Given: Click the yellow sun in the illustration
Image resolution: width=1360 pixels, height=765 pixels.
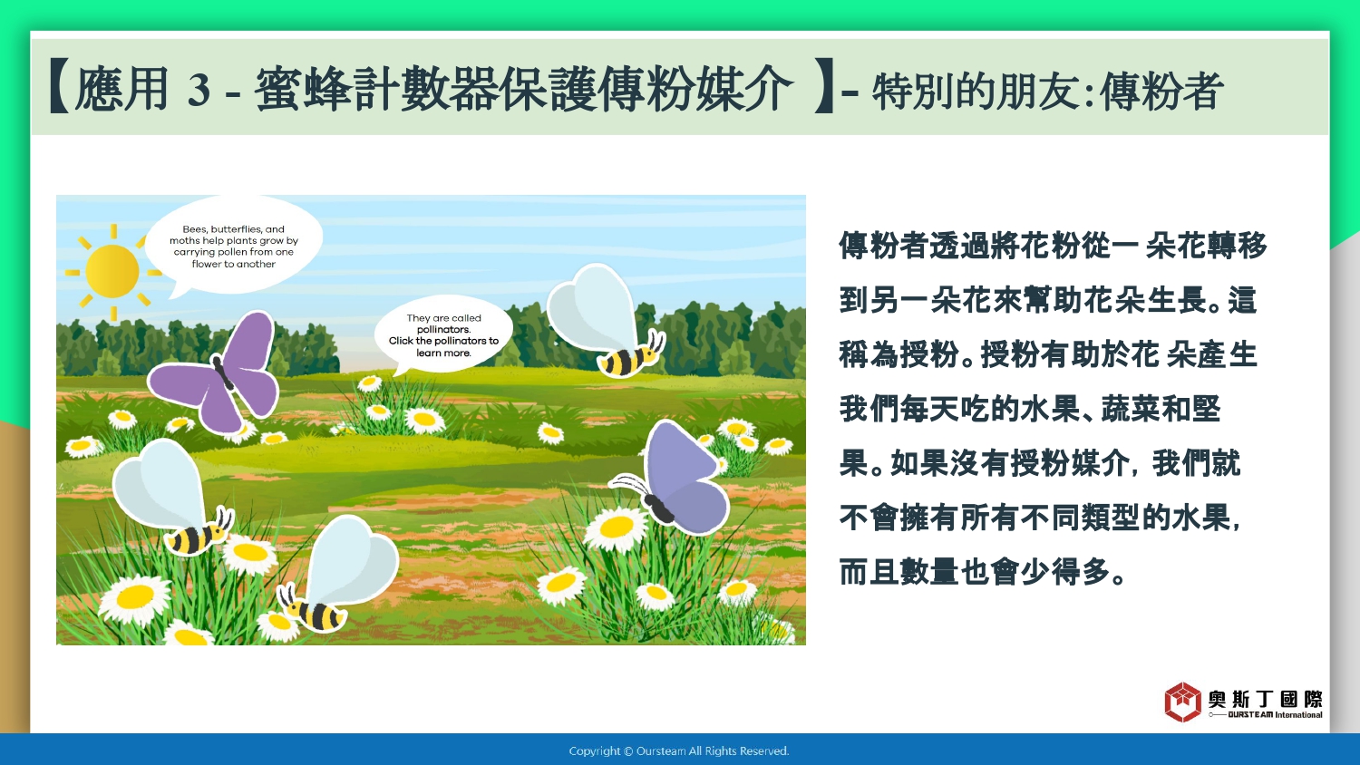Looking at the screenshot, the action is pyautogui.click(x=112, y=271).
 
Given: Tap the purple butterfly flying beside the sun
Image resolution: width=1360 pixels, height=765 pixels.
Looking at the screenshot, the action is pyautogui.click(x=214, y=372).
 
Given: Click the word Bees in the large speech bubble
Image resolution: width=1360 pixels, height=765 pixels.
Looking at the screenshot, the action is pyautogui.click(x=194, y=229).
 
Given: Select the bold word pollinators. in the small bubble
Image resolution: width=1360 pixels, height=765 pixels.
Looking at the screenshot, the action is pyautogui.click(x=444, y=330).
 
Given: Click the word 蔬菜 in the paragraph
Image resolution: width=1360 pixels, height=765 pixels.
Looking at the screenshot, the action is pyautogui.click(x=1131, y=409).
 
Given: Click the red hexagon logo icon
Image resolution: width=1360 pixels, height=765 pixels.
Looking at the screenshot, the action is pyautogui.click(x=1182, y=702).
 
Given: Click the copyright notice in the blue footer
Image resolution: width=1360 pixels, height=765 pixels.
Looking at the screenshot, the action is pyautogui.click(x=679, y=751).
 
